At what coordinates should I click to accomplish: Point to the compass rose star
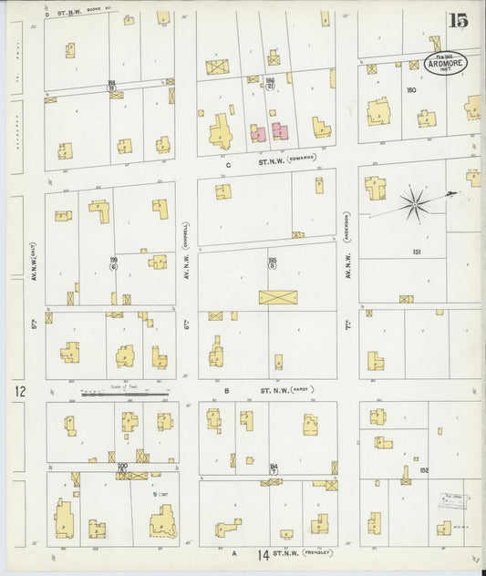click(414, 201)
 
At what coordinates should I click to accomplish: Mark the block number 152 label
click(424, 470)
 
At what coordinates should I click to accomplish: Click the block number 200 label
click(122, 467)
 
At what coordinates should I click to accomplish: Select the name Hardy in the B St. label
click(300, 389)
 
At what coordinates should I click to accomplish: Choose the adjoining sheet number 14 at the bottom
click(263, 554)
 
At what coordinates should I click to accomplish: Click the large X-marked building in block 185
click(274, 297)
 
